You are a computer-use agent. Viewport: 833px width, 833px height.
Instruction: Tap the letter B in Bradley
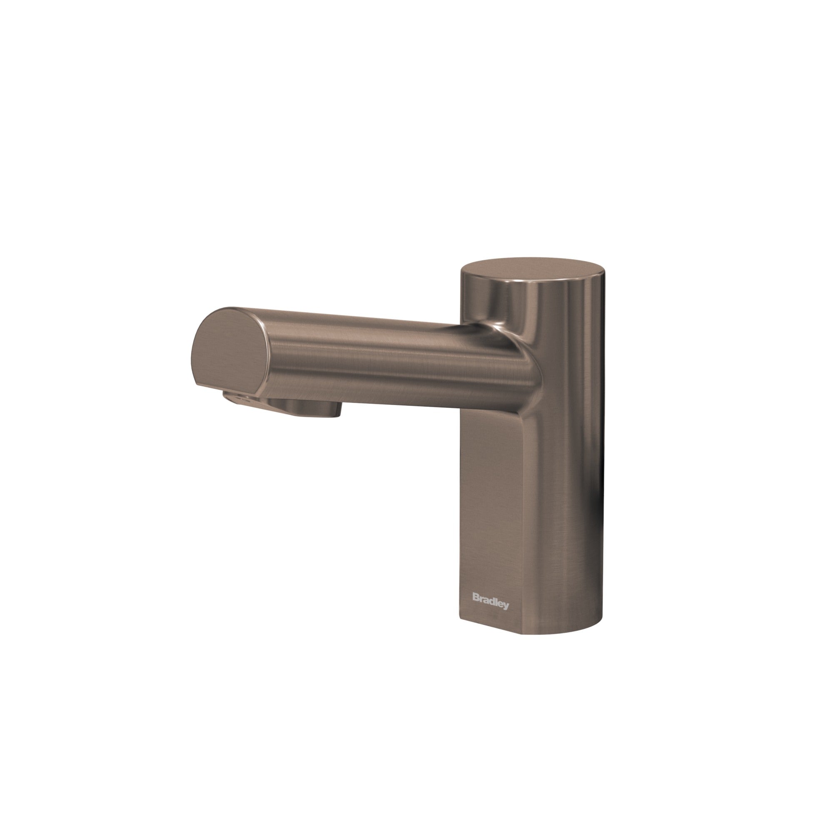point(476,597)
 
